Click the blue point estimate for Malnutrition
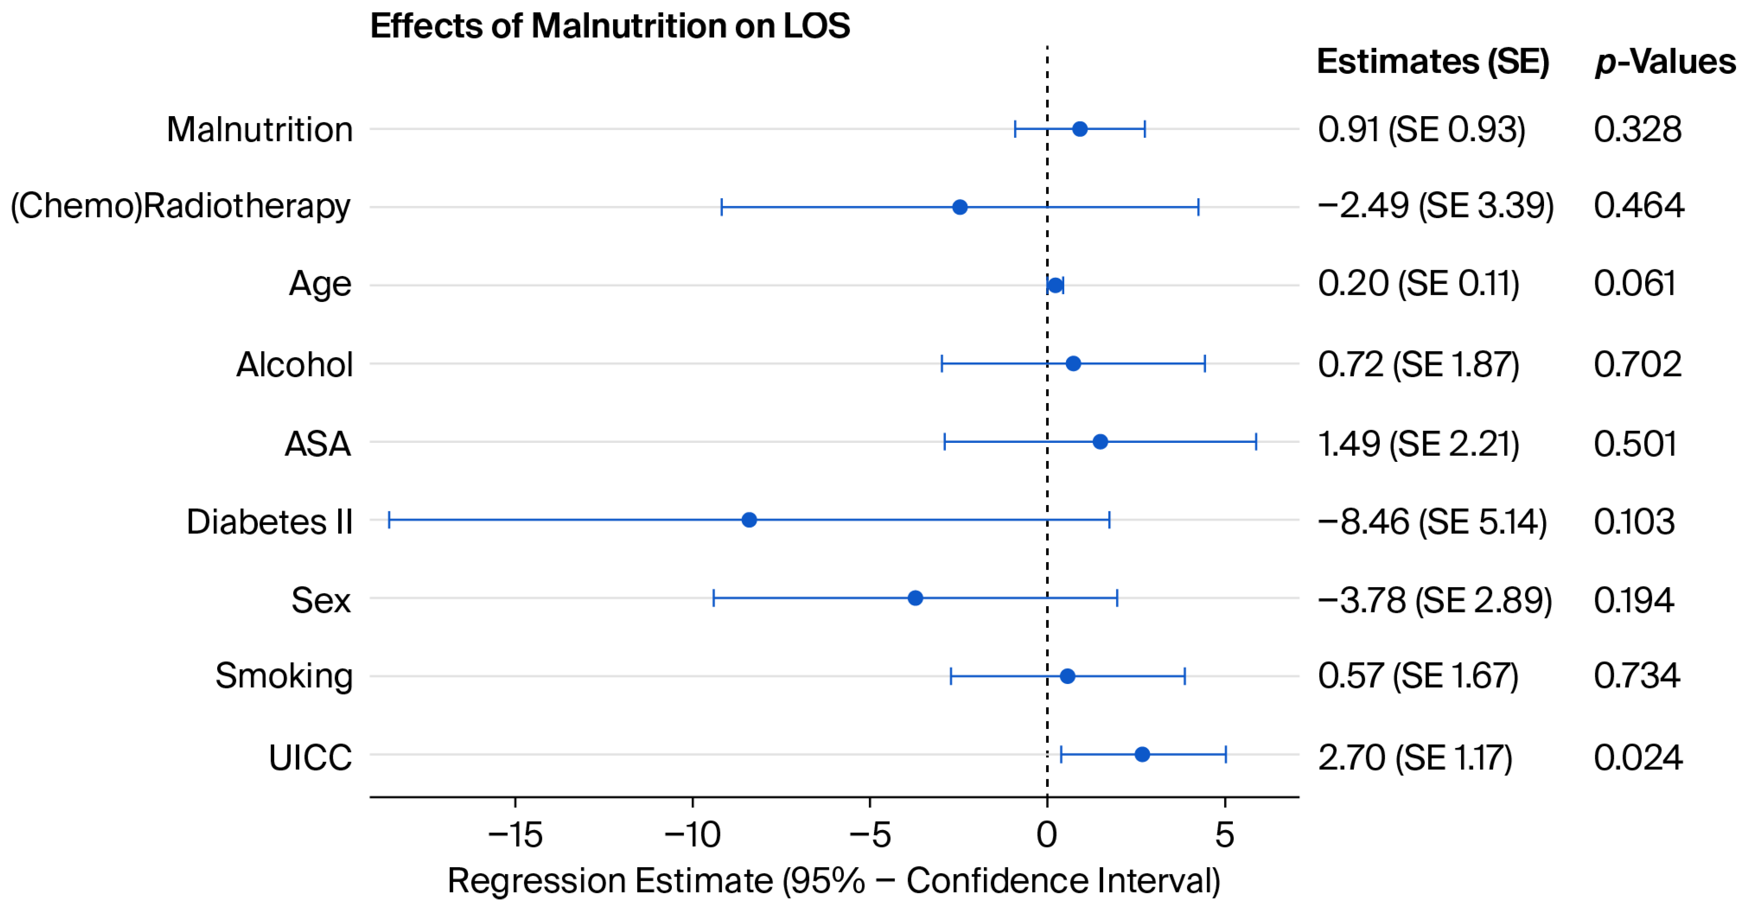coord(1080,128)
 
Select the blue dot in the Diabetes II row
coord(749,520)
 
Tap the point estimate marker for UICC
coord(1142,754)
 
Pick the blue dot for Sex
coord(915,598)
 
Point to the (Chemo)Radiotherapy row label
coord(181,207)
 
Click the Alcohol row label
coord(294,364)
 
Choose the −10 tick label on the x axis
coord(693,835)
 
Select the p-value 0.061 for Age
coord(1635,283)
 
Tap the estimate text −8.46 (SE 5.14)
coord(1432,522)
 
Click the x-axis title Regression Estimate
coord(834,881)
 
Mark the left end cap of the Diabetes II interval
coord(389,520)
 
